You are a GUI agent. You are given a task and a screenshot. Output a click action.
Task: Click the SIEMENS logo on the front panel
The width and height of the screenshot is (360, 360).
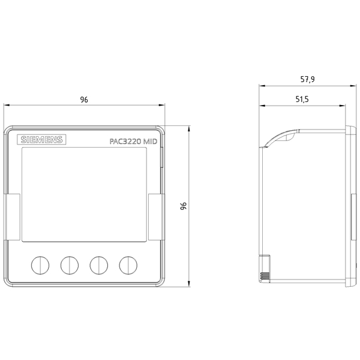41,140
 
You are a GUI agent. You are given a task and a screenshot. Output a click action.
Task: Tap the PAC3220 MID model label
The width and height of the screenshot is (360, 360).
133,141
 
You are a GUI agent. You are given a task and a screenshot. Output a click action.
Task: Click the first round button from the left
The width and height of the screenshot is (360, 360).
40,265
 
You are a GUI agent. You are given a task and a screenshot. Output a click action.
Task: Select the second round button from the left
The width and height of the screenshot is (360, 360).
70,265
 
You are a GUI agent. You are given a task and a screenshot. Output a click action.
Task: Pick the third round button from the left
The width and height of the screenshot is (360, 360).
99,265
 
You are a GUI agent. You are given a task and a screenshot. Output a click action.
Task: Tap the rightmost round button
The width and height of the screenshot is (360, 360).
128,265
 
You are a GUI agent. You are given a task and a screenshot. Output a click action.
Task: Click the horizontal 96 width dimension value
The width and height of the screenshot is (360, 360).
84,100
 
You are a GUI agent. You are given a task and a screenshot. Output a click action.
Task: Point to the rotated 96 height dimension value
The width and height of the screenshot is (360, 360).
184,206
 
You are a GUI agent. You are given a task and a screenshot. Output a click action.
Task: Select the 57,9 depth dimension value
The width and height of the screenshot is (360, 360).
308,79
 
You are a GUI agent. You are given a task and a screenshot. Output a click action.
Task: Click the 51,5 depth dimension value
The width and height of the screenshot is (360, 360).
302,100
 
